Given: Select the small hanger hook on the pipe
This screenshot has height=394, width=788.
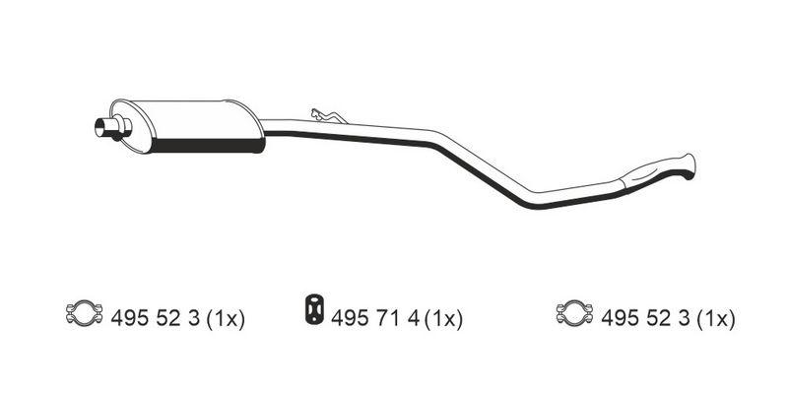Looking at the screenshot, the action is click(328, 116).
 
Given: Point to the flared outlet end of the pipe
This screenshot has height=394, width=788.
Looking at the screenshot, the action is click(689, 166).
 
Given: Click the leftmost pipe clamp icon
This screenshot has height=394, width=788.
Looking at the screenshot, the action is click(84, 313).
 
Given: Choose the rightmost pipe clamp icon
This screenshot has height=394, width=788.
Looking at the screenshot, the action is click(574, 313).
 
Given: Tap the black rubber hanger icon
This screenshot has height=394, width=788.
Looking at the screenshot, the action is click(314, 309).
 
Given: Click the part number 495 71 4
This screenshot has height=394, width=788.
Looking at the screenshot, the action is click(375, 318).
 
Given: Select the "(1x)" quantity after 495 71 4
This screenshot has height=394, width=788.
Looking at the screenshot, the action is click(443, 318).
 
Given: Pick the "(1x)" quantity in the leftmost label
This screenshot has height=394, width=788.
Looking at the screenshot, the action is click(226, 318).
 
